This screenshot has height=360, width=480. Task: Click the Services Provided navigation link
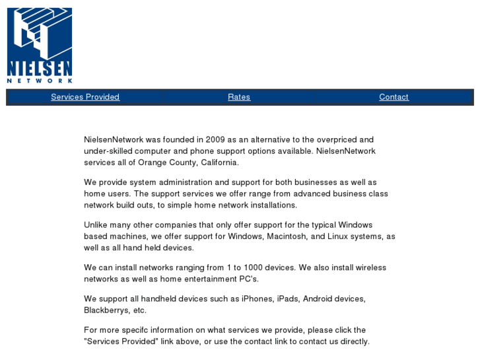coord(85,97)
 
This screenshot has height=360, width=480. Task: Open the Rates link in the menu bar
coord(239,97)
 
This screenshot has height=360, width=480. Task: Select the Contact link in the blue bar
coord(394,97)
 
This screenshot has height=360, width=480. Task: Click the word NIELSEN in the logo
coord(39,68)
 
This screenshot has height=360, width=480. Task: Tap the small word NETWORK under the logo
coord(39,81)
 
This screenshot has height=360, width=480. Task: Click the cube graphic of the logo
coord(39,33)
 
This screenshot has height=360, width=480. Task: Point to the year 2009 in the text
coord(215,140)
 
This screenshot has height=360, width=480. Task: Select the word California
coord(218,162)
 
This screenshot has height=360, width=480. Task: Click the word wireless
coord(370,268)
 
